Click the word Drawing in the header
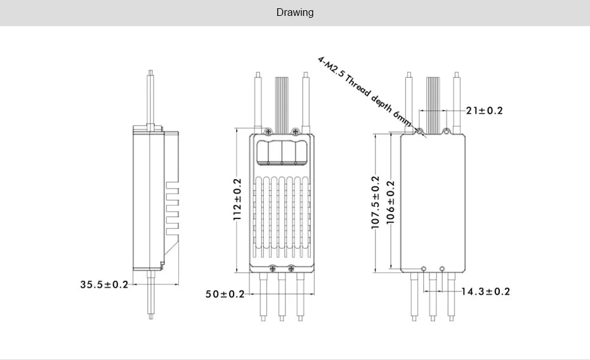pos(294,13)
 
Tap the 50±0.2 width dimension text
pos(225,294)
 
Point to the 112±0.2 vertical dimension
pos(237,200)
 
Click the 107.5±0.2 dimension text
pos(375,203)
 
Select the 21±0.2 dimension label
pos(484,110)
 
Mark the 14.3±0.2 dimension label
pos(485,291)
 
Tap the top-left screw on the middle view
pos(271,131)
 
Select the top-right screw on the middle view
pos(296,131)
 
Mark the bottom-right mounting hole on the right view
pos(442,268)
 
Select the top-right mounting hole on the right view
pos(447,131)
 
